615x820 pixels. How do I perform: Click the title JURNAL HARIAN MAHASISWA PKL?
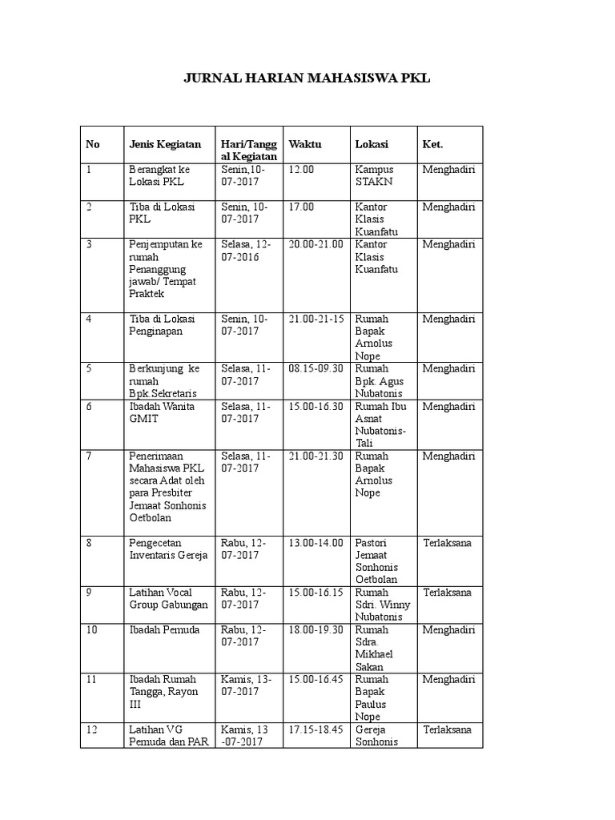click(307, 78)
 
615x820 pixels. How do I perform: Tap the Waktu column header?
click(305, 144)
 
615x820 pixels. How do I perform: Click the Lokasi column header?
click(372, 144)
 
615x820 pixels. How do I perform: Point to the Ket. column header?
click(432, 144)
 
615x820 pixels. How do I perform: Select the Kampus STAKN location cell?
click(374, 175)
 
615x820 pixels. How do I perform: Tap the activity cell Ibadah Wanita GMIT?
click(155, 412)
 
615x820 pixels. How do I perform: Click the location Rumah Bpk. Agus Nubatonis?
click(380, 380)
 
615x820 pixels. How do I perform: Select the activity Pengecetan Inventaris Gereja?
click(168, 549)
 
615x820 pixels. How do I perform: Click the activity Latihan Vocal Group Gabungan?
click(168, 598)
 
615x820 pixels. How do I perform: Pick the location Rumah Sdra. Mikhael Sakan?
click(375, 648)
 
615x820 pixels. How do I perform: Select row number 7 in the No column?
click(90, 456)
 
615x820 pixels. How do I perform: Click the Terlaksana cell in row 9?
click(448, 593)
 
